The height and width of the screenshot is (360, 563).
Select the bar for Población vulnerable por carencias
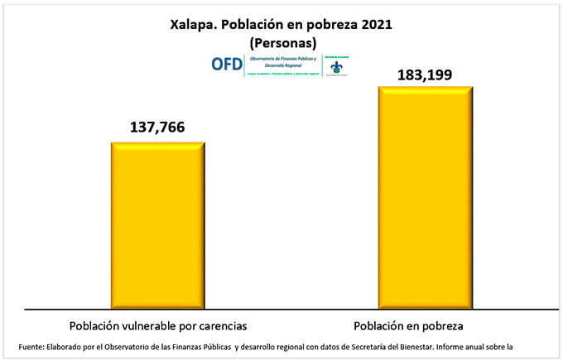157,223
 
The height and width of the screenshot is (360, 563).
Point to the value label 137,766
157,127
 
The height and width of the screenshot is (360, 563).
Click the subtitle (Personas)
281,41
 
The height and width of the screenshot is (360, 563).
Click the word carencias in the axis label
221,324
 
